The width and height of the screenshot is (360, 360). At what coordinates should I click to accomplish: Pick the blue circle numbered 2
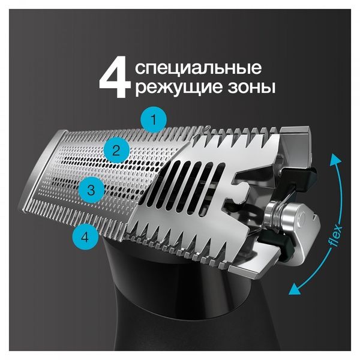tap(116, 150)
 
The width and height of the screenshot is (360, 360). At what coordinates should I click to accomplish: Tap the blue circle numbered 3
tap(91, 191)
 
